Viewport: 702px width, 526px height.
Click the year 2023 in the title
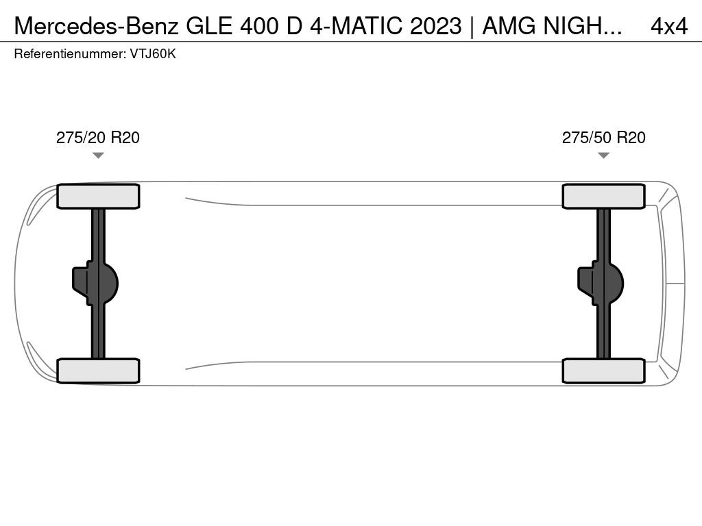coord(435,26)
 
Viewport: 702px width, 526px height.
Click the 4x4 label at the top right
coord(669,26)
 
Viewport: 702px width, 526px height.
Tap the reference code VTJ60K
coord(153,54)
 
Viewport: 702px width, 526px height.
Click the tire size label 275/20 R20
coord(97,138)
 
